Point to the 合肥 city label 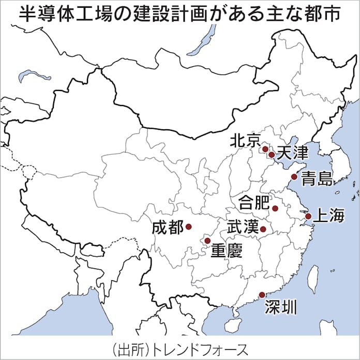coord(253,202)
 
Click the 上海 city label coord(328,216)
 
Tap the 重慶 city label coord(227,251)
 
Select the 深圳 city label coord(281,308)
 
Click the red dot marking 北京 coord(265,149)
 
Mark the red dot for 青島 coord(294,177)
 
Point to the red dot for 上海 coord(307,216)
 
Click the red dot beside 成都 coord(188,227)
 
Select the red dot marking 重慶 coord(207,241)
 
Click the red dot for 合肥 coord(275,208)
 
